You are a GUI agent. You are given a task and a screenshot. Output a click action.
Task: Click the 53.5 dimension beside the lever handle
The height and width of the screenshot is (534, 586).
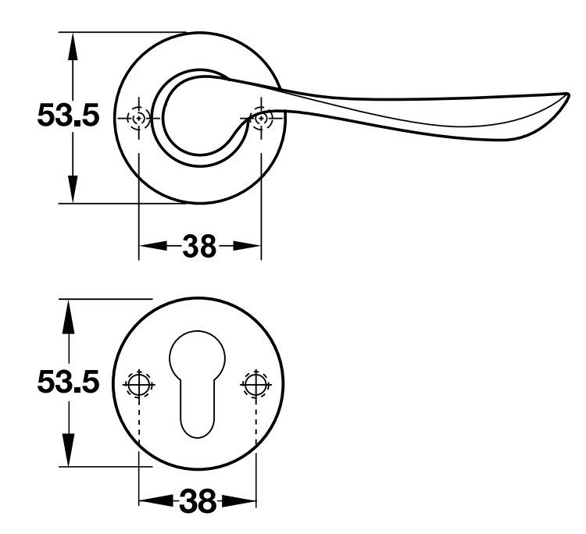point(68,117)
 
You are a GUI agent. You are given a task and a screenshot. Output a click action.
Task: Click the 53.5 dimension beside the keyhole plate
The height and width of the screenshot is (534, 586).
point(68,383)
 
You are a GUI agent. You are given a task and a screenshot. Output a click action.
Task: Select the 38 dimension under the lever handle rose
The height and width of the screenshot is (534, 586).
point(200,247)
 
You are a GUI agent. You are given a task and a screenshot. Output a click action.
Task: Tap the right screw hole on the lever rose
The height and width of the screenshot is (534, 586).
point(260,118)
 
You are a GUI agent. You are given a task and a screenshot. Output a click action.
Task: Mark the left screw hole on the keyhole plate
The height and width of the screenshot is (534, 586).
point(139,383)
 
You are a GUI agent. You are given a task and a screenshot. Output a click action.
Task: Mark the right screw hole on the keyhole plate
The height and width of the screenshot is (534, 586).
point(255,383)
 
